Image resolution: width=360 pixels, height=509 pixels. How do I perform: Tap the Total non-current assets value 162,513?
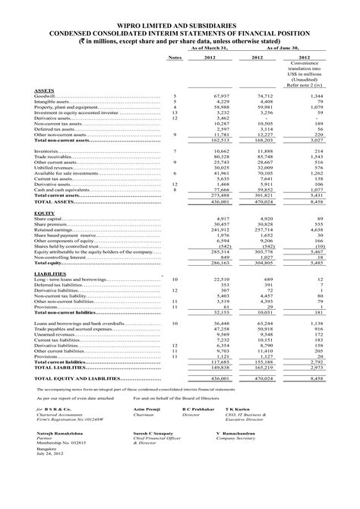click(218, 141)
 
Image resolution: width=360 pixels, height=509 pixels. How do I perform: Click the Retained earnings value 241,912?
click(218, 229)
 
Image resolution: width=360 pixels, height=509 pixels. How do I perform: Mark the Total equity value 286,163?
click(218, 262)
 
